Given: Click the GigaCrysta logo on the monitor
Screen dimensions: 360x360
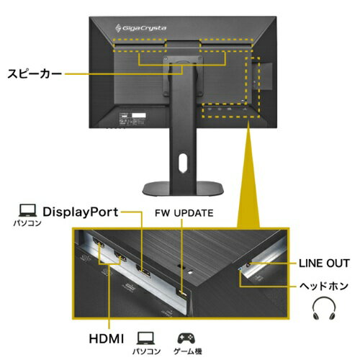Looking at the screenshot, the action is point(140,28).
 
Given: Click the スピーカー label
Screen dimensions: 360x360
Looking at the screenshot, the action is point(35,73).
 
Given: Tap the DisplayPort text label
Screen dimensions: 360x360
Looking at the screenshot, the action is point(81,212).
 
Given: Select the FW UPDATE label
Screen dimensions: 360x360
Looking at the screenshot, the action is point(184,213).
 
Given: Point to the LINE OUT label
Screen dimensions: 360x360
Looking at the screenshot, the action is point(324,264).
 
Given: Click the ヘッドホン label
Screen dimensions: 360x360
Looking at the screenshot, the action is point(324,286).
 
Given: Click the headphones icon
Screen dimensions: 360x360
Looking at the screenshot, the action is point(324,308).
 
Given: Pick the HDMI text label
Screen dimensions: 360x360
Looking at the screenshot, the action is point(107,339).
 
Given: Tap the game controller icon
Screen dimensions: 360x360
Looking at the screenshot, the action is point(186,338).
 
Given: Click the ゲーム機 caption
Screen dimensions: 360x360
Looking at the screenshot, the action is point(188,351).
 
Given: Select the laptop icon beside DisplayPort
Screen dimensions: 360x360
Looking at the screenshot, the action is point(28,210).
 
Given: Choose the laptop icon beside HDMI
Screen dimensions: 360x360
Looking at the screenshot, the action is point(145,338).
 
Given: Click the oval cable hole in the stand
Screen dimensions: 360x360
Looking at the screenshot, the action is point(183,163).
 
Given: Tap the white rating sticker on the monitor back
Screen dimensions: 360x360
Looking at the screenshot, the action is point(139,115).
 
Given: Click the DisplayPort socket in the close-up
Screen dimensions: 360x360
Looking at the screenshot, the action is point(143,271).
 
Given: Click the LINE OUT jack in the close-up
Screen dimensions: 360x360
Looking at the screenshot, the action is point(248,264).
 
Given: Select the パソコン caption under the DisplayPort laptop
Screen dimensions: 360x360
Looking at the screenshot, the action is point(27,223).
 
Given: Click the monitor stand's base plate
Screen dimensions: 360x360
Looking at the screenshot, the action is point(183,189).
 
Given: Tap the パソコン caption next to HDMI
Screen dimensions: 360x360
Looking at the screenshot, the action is point(146,351).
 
